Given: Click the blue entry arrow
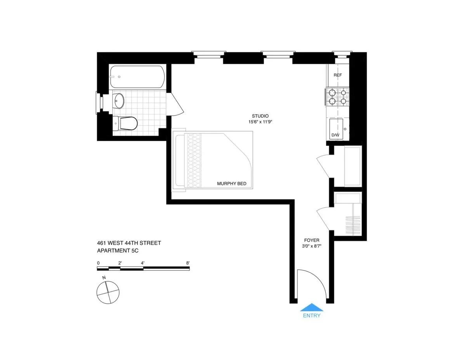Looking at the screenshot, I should pyautogui.click(x=311, y=307).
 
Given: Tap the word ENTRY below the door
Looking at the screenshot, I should pyautogui.click(x=311, y=315).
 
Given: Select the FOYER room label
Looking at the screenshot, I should pyautogui.click(x=312, y=240).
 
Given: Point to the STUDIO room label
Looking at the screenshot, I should pyautogui.click(x=260, y=116).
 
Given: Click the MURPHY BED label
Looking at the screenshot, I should pyautogui.click(x=232, y=183).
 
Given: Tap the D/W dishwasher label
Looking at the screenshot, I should pyautogui.click(x=335, y=135).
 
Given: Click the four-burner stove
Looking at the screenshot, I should pyautogui.click(x=337, y=97).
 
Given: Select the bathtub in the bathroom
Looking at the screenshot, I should pyautogui.click(x=136, y=76).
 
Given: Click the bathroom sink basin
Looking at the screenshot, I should pyautogui.click(x=119, y=101).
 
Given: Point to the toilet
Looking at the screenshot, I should pyautogui.click(x=126, y=124).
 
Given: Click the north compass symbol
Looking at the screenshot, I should pyautogui.click(x=108, y=292).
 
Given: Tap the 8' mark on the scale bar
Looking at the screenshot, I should pyautogui.click(x=188, y=263).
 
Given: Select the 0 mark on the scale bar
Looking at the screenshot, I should pyautogui.click(x=98, y=263).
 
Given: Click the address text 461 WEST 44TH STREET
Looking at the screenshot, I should pyautogui.click(x=129, y=243).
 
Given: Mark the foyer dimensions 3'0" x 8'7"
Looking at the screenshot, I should pyautogui.click(x=312, y=246).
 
